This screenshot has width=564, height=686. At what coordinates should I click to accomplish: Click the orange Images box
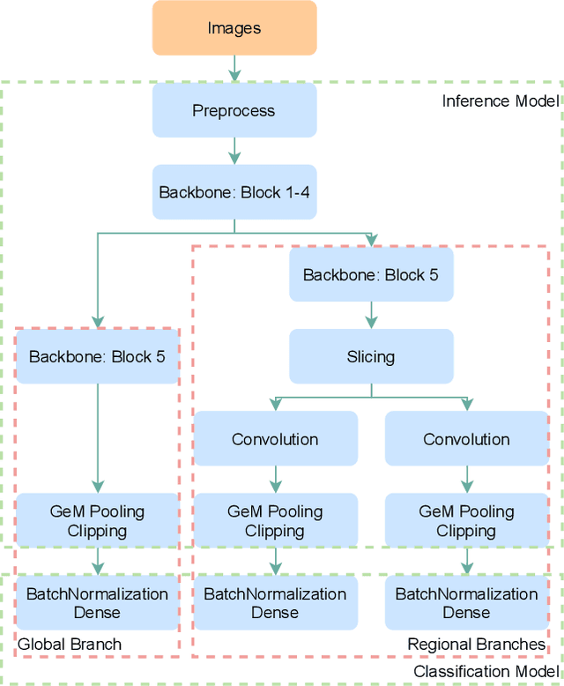[234, 28]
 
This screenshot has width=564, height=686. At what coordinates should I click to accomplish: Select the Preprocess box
[234, 110]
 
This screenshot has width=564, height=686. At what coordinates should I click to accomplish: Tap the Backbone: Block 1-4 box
[234, 192]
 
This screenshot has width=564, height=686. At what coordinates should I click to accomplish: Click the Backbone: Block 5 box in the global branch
[98, 357]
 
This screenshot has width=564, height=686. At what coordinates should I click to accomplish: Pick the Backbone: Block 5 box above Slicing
[371, 274]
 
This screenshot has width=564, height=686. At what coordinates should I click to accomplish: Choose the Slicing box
[371, 357]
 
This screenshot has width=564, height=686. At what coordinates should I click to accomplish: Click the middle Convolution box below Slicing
[275, 438]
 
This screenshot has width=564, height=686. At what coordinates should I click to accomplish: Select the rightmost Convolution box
[466, 438]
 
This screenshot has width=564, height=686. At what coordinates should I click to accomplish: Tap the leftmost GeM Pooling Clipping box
[98, 520]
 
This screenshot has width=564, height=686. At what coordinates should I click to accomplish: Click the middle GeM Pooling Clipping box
[275, 520]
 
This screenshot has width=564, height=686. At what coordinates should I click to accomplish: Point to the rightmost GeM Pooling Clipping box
[466, 520]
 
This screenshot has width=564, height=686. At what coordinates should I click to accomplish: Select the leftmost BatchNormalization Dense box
[98, 602]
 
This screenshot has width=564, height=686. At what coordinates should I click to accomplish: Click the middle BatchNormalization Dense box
[275, 602]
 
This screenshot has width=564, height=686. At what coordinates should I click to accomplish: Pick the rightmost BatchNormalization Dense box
[466, 602]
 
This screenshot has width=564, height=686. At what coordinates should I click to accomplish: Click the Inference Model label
[500, 101]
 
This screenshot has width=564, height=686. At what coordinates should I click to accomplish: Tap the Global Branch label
[70, 645]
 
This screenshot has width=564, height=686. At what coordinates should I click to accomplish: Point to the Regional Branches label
[476, 645]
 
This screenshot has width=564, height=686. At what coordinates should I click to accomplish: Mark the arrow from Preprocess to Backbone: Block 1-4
[234, 151]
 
